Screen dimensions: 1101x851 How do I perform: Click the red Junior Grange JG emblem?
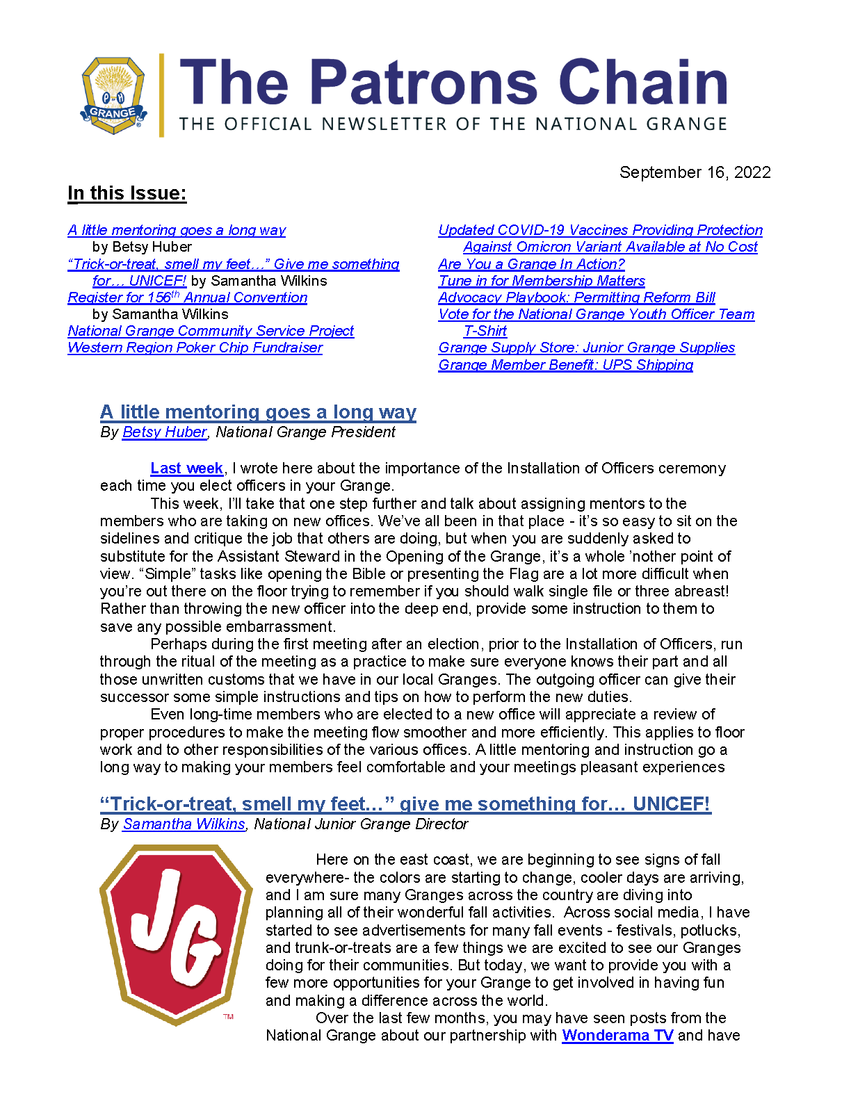coord(176,933)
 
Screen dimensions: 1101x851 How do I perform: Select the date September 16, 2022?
coord(695,172)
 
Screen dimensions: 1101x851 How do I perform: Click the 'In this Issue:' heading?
coord(127,193)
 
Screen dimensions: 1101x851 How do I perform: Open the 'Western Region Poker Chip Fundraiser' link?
coord(195,348)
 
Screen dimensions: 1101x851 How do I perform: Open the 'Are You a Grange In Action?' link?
coord(531,264)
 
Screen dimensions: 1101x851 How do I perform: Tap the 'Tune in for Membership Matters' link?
coord(542,281)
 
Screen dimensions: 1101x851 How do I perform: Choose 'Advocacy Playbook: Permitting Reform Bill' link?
coord(576,297)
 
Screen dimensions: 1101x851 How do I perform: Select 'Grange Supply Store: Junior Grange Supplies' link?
coord(586,348)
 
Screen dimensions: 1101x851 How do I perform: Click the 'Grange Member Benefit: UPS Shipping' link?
coord(565,365)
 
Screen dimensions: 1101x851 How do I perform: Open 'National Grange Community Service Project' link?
coord(211,331)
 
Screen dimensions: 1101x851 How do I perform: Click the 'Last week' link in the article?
coord(186,468)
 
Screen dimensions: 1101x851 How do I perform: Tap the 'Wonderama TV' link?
coord(617,1036)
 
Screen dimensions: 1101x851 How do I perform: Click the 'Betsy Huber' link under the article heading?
coord(164,432)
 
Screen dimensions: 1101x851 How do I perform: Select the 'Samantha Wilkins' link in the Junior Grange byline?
coord(184,824)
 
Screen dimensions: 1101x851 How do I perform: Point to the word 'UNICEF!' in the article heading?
coord(671,804)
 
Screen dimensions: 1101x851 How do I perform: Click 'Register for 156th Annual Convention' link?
coord(188,297)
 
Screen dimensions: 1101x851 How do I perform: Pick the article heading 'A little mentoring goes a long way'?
coord(258,412)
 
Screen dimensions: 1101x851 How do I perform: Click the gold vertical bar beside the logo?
coord(162,95)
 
